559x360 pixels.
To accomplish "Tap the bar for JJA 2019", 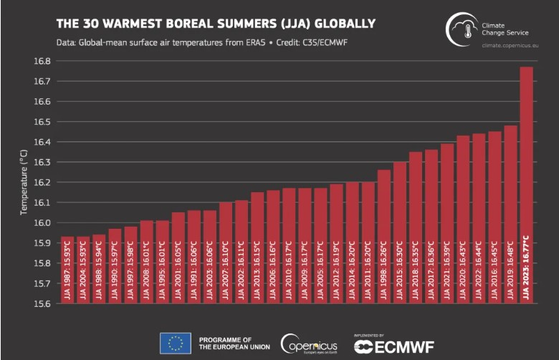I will pos(510,214).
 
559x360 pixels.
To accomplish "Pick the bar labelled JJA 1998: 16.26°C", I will pos(384,237).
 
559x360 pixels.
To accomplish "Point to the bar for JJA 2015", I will pos(400,232).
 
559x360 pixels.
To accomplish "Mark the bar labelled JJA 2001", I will pos(178,258).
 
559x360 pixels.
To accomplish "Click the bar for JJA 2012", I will pos(337,244).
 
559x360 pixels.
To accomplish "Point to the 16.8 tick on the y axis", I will pos(43,61).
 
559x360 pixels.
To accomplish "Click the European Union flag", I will pos(176,343).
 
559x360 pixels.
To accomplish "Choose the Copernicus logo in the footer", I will pos(308,343).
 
